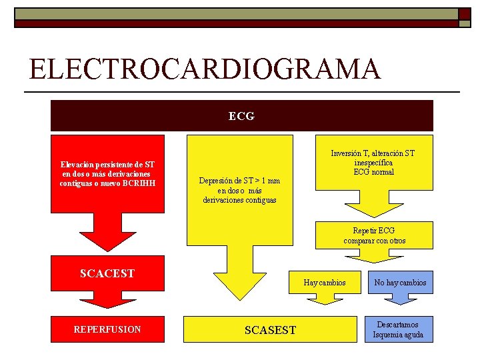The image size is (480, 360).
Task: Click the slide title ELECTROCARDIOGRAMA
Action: click(205, 69)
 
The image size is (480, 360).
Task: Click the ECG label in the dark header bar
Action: click(241, 116)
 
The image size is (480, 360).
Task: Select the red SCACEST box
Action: click(107, 273)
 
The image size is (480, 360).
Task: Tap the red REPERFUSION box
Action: click(107, 329)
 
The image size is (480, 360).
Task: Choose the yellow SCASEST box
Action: click(270, 330)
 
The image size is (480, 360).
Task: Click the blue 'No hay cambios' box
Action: click(400, 283)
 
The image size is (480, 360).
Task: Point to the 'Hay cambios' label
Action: click(325, 283)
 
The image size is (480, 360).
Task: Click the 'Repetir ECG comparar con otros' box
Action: click(374, 235)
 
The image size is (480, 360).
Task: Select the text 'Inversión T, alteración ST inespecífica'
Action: click(373, 158)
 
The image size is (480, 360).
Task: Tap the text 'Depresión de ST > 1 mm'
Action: click(239, 181)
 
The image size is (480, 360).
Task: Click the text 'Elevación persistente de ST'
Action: click(107, 165)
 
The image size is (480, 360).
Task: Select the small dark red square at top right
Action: click(463, 14)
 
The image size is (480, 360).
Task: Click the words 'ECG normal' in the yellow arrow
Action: click(373, 172)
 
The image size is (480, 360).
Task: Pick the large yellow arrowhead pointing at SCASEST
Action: click(239, 280)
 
